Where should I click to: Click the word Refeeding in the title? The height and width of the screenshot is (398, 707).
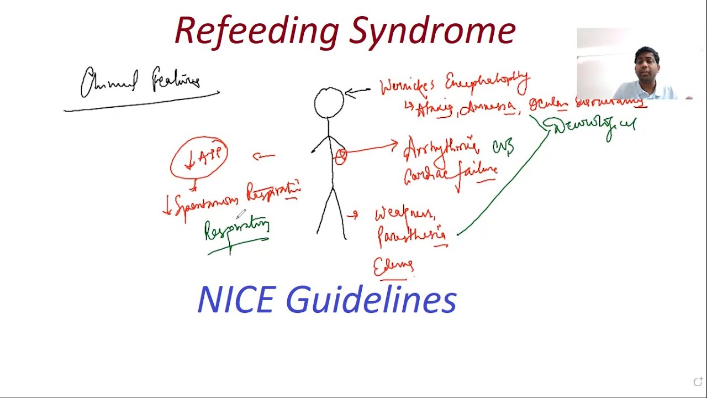click(x=256, y=31)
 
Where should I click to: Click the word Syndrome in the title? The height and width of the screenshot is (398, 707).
click(x=432, y=31)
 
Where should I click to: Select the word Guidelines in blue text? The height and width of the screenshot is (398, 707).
click(x=371, y=300)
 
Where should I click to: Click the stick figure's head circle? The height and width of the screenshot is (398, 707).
click(x=329, y=103)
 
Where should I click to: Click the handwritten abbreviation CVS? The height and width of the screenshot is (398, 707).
click(x=503, y=148)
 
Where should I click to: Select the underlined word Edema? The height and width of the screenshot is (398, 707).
click(x=393, y=267)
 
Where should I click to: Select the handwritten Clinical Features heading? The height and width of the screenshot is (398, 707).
click(x=140, y=82)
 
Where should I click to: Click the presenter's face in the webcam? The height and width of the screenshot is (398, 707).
click(x=646, y=65)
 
